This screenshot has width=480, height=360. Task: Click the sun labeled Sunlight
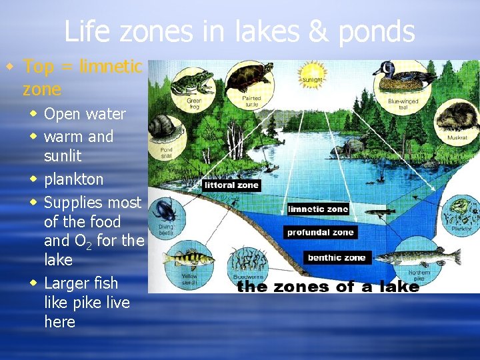tap(313, 73)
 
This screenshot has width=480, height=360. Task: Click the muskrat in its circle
tap(455, 119)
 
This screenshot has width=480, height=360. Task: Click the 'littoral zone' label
tap(231, 185)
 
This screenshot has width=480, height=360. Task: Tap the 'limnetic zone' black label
tap(318, 209)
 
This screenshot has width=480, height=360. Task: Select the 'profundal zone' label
tap(321, 233)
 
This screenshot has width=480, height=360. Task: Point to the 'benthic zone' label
tap(336, 257)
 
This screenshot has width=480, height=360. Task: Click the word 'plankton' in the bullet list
tap(73, 179)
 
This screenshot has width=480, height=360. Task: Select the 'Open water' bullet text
tap(85, 114)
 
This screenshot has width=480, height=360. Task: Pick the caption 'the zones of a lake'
tap(327, 287)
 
